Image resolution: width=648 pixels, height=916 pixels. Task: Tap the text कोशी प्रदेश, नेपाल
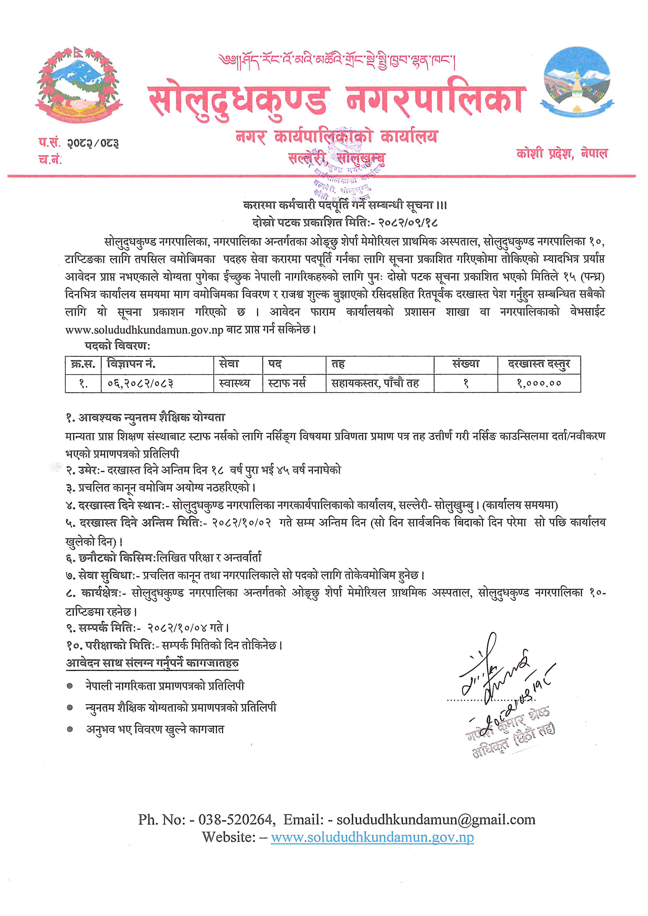[x=562, y=153]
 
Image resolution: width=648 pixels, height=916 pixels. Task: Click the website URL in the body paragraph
[x=144, y=330]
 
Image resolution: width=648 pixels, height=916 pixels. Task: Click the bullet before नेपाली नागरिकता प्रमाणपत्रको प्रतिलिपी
[x=70, y=686]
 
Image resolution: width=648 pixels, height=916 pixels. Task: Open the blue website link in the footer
[x=372, y=837]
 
